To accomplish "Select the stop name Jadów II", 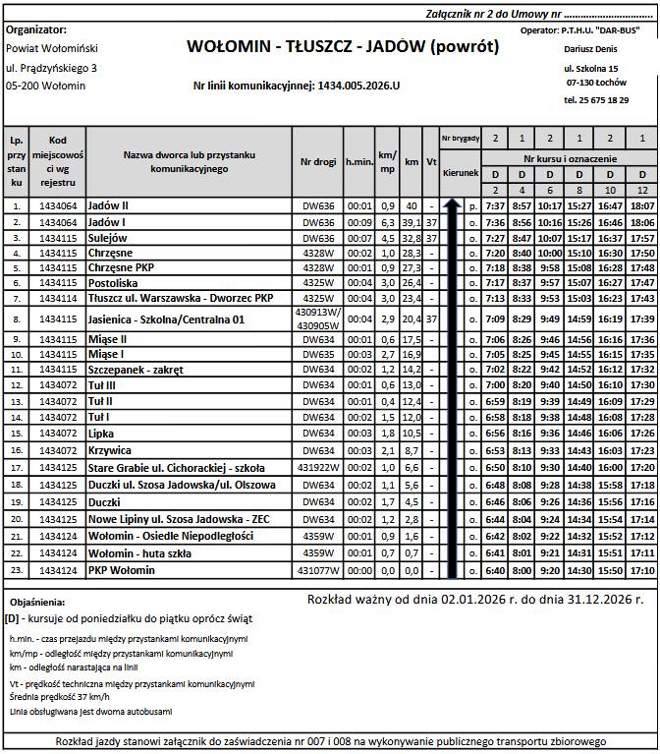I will click(x=109, y=206).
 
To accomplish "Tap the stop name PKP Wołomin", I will click(x=115, y=571).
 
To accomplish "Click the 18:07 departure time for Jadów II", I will click(x=642, y=206).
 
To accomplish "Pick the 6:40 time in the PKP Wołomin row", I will click(x=495, y=571).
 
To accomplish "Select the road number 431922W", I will click(x=315, y=467).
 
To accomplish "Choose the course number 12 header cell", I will click(x=642, y=189).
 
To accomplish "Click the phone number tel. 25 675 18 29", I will click(x=596, y=100).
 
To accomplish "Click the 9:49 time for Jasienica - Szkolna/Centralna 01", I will click(x=550, y=319).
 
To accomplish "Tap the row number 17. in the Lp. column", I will click(x=17, y=467).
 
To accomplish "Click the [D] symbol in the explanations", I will click(x=13, y=620).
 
